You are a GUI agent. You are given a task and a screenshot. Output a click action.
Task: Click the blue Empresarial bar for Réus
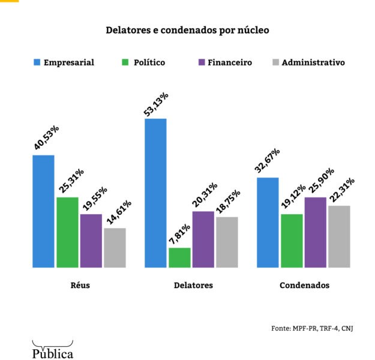43,211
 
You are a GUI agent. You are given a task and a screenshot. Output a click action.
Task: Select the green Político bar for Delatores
179,257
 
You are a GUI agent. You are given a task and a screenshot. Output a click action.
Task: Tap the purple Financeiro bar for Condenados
315,232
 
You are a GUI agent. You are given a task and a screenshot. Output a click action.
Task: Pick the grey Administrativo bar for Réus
115,248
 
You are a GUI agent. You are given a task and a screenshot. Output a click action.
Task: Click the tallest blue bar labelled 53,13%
155,193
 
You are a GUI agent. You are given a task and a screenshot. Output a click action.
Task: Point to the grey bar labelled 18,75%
227,242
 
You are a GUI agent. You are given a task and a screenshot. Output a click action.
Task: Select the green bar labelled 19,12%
292,241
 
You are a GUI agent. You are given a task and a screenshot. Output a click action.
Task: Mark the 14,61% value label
118,211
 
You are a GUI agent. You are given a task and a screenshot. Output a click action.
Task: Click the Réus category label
80,286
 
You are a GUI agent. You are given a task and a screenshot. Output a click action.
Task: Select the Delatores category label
193,286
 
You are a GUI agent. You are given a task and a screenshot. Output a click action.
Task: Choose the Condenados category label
304,286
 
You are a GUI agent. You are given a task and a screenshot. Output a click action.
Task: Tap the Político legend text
149,62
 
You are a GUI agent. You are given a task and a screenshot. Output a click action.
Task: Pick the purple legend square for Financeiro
202,62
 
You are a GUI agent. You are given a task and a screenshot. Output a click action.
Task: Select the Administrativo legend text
313,62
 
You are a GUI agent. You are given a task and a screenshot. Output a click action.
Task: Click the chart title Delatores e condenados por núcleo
187,29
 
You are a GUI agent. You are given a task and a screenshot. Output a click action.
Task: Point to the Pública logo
53,351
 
